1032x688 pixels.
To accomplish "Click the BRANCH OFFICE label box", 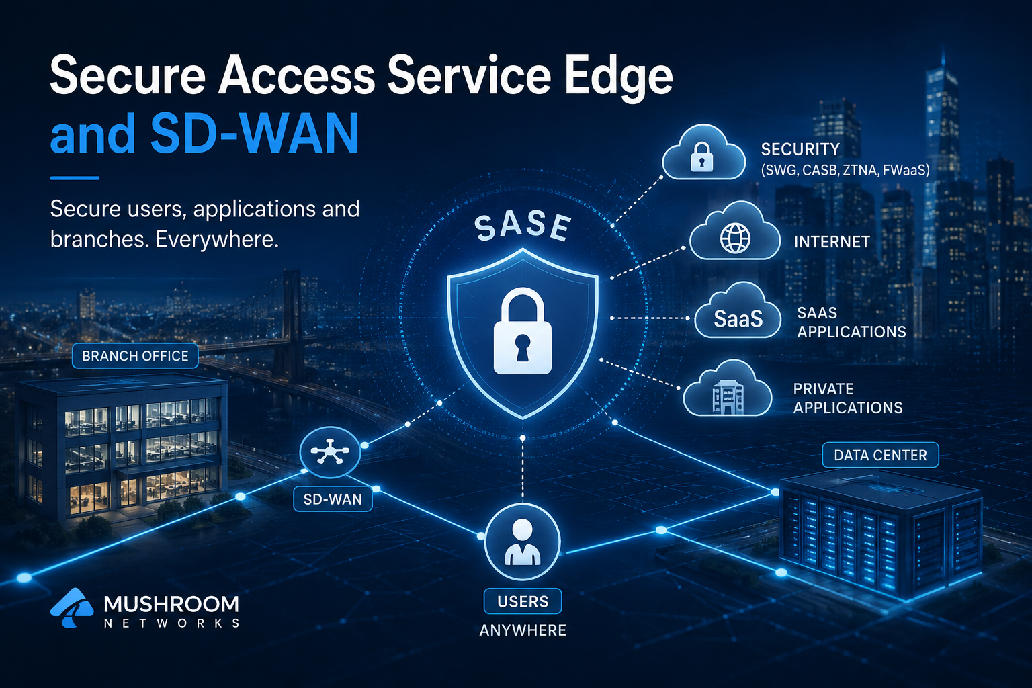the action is pyautogui.click(x=135, y=355).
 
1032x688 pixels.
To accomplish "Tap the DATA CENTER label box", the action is pyautogui.click(x=880, y=456).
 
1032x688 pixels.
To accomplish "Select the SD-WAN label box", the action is pyautogui.click(x=333, y=499).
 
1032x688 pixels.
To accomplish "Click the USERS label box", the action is pyautogui.click(x=523, y=601).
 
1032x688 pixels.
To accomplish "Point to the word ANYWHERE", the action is pyautogui.click(x=523, y=630).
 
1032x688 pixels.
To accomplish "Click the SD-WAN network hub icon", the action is pyautogui.click(x=330, y=452).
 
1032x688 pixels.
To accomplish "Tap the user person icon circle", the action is pyautogui.click(x=523, y=541).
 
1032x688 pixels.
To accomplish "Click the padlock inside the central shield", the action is pyautogui.click(x=523, y=331).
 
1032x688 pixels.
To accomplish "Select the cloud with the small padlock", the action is pyautogui.click(x=703, y=153).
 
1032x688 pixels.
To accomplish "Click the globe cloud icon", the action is pyautogui.click(x=735, y=232).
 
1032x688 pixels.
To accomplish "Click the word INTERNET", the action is pyautogui.click(x=832, y=241).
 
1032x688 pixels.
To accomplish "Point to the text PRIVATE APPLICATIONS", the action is pyautogui.click(x=848, y=398).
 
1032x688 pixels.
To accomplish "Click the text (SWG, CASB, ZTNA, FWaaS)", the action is pyautogui.click(x=845, y=170).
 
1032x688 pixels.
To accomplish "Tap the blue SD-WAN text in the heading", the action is pyautogui.click(x=255, y=133).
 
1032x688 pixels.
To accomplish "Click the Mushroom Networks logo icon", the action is pyautogui.click(x=72, y=608).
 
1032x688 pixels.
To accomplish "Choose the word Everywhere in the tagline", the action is pyautogui.click(x=217, y=239).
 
